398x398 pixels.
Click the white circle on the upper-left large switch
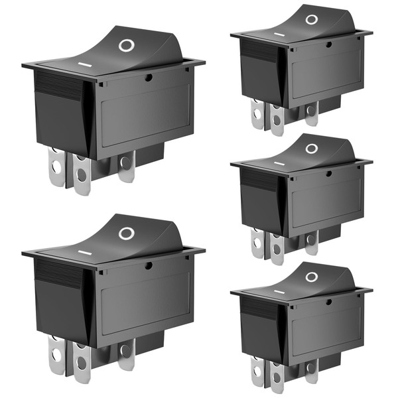click(x=125, y=45)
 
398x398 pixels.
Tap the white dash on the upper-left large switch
click(x=84, y=65)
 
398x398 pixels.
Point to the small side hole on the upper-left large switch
click(x=149, y=78)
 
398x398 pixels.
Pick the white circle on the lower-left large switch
click(x=125, y=233)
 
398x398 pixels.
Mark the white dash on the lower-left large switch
click(x=84, y=253)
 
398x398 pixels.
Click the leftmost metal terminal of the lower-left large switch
click(x=56, y=354)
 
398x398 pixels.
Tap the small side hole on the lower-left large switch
click(x=149, y=265)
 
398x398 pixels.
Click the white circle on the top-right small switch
click(x=311, y=19)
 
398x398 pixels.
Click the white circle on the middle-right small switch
click(x=311, y=149)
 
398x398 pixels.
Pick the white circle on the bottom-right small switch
click(x=311, y=277)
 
